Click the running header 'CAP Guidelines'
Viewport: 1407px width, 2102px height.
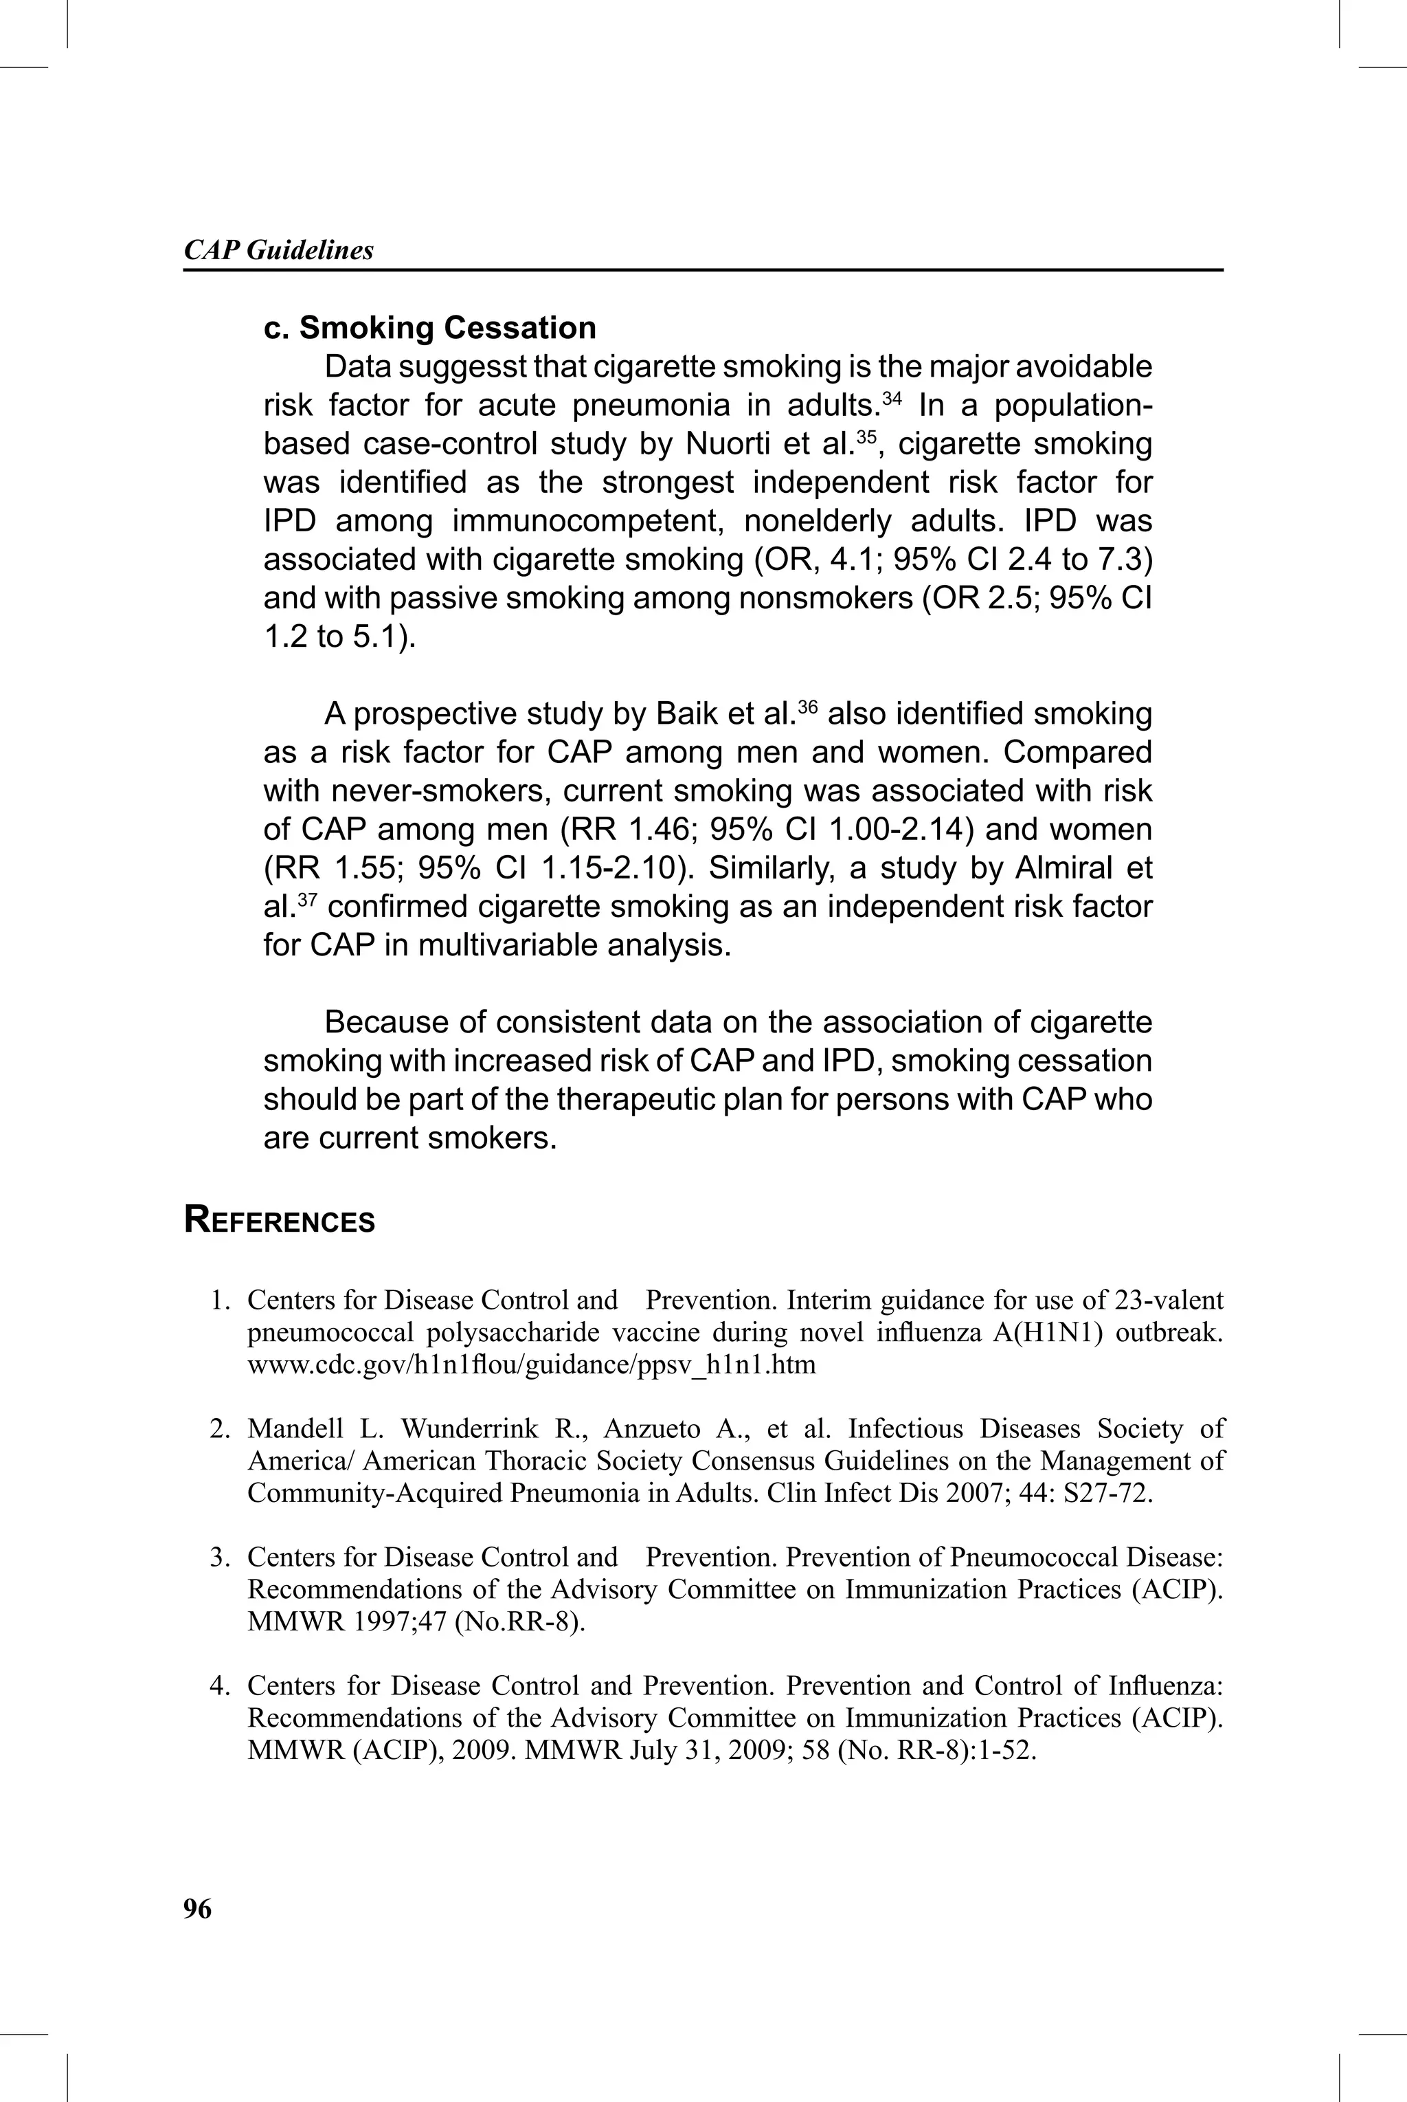click(x=278, y=250)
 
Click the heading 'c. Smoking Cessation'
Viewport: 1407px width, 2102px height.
click(x=430, y=328)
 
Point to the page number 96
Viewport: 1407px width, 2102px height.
click(x=197, y=1908)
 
